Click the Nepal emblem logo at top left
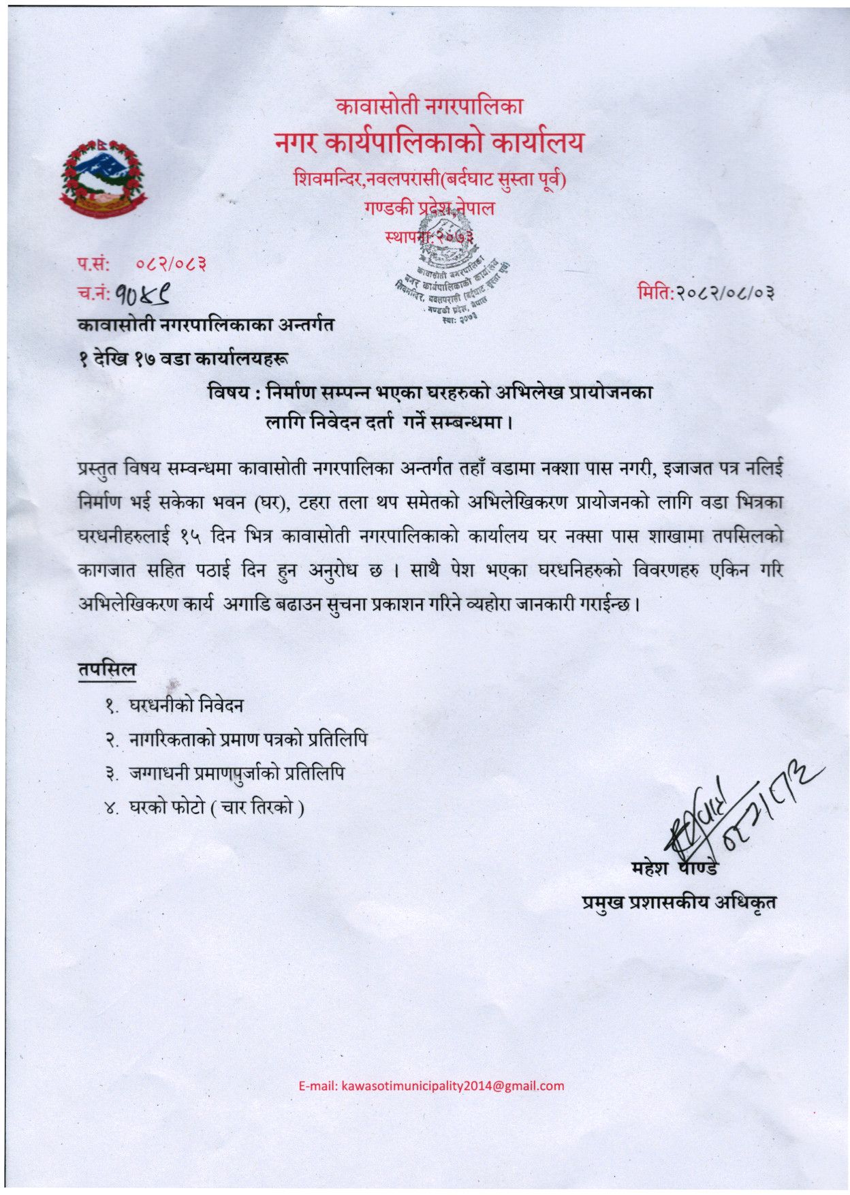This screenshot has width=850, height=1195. point(103,179)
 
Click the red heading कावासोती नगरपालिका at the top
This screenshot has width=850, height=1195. point(429,106)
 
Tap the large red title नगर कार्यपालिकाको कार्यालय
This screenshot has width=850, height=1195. point(429,142)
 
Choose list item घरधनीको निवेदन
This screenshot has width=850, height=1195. point(186,705)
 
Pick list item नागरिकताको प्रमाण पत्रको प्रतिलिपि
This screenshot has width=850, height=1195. point(248,739)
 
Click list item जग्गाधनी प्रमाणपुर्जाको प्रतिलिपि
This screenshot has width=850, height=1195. point(236,773)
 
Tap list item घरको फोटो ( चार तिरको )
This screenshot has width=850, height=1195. point(217,807)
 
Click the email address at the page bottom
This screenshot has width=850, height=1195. point(431,1086)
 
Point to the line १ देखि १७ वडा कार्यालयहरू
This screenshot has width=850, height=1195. point(183,358)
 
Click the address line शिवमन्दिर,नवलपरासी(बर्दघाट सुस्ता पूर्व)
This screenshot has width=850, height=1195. point(430,179)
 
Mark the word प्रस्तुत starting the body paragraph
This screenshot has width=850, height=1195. point(99,469)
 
